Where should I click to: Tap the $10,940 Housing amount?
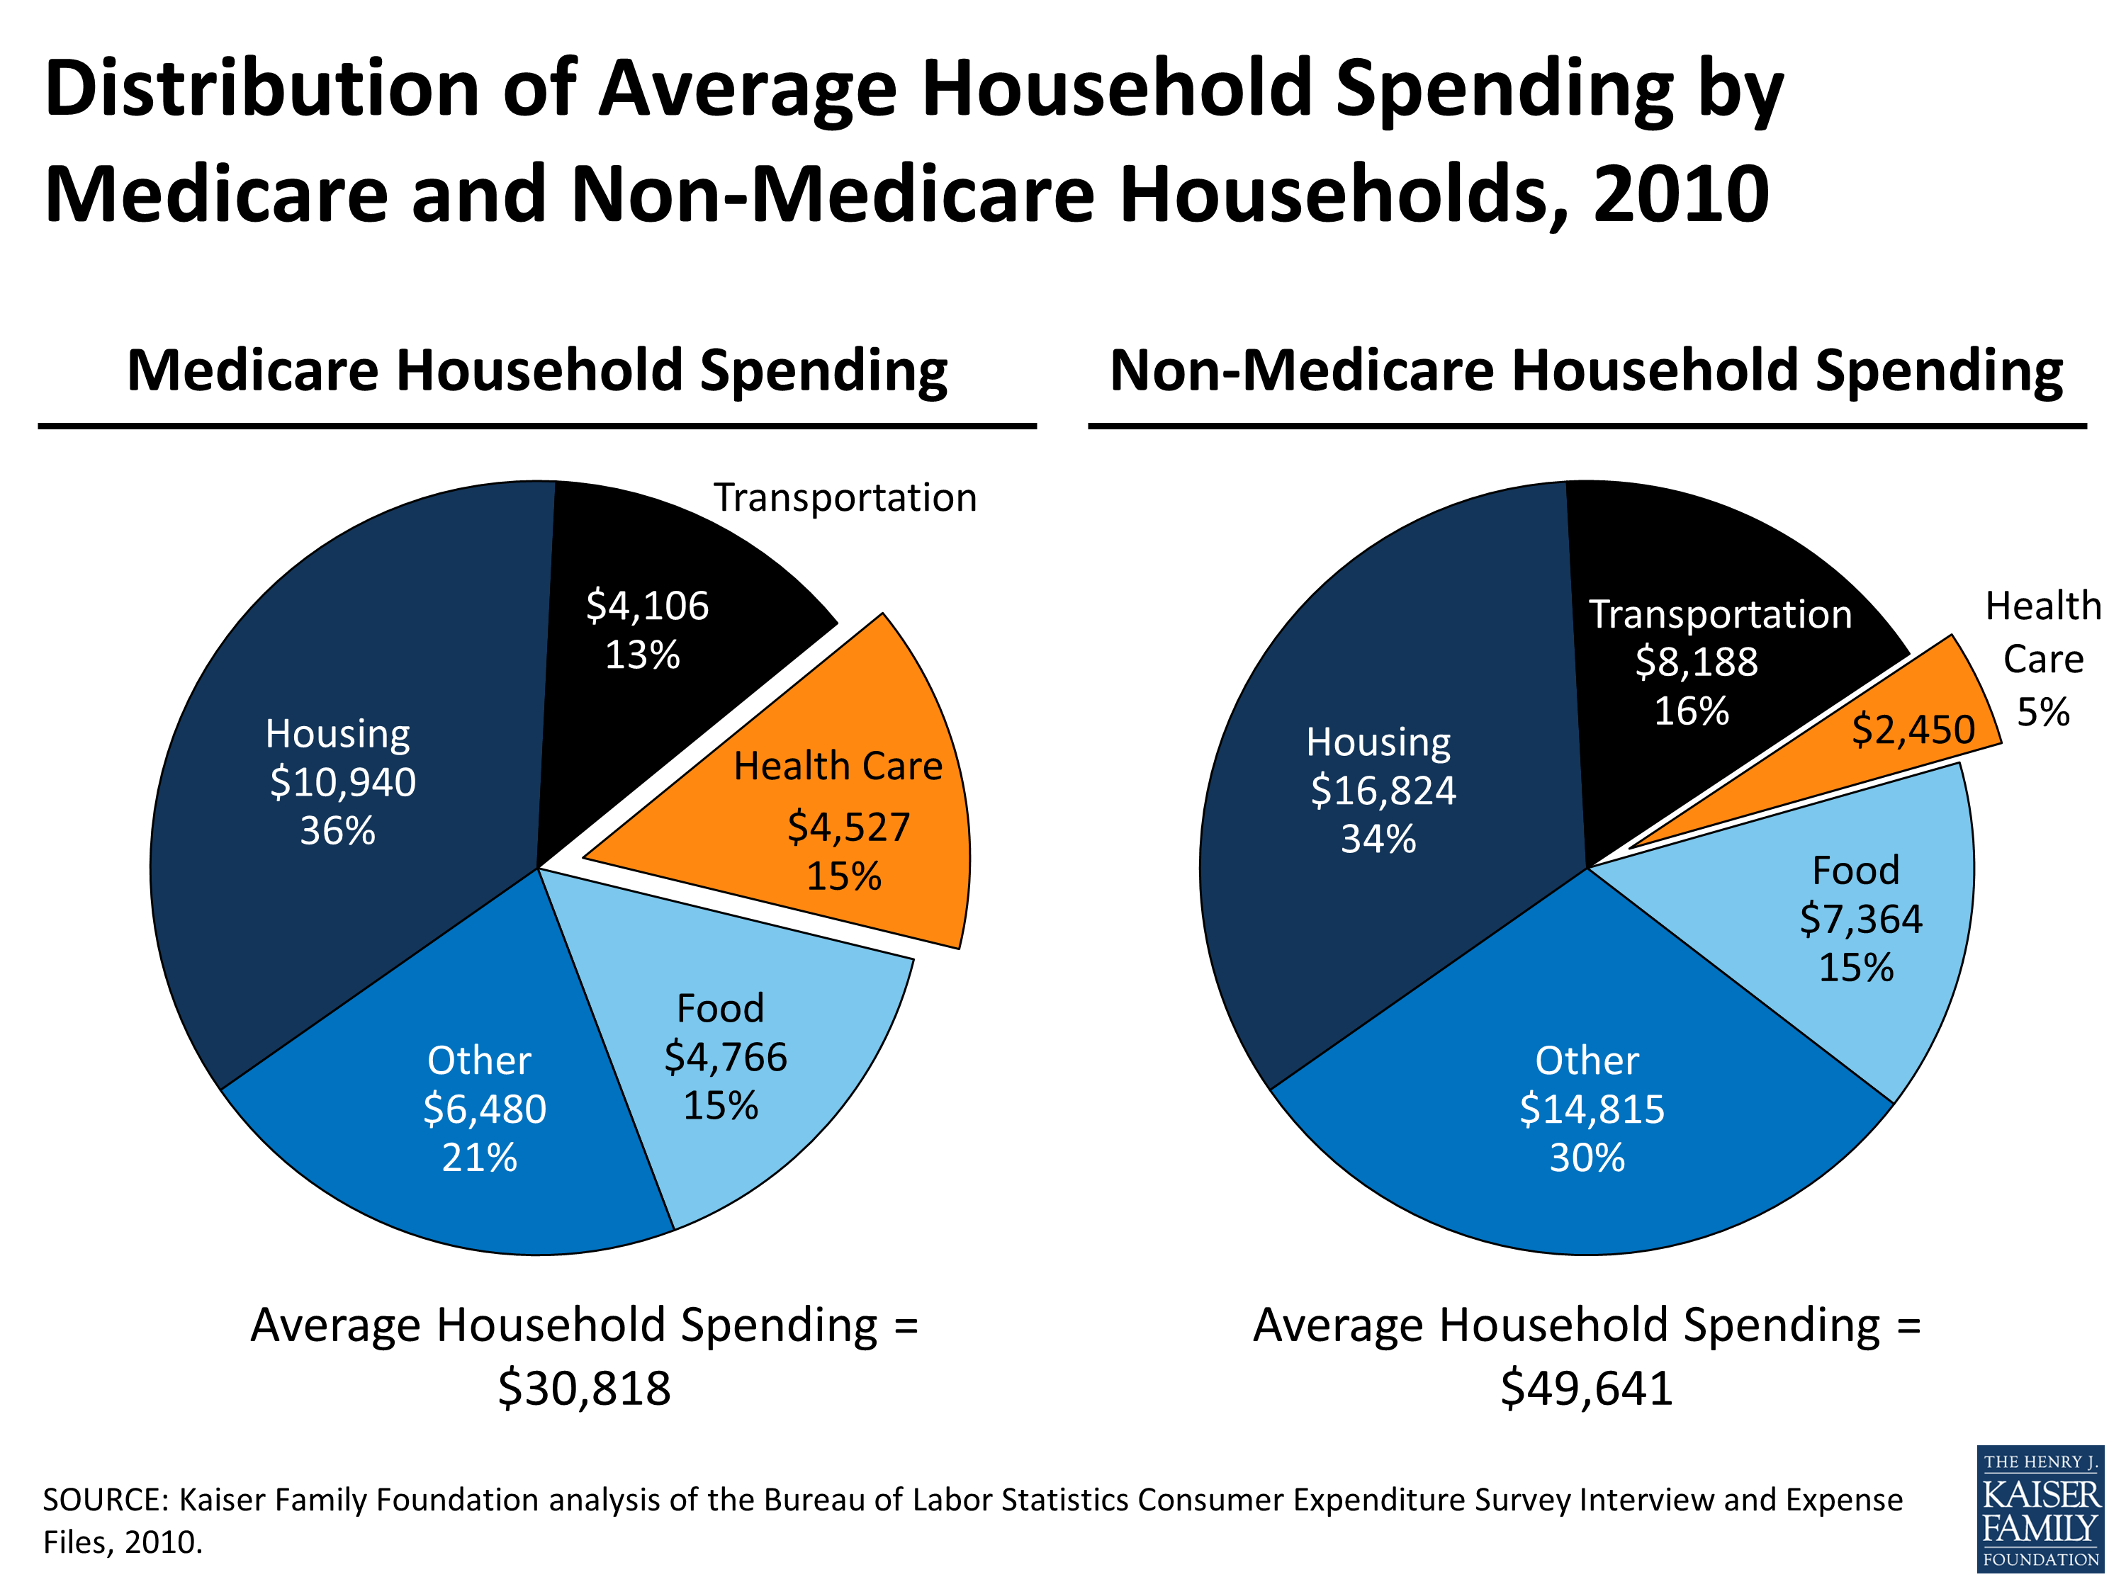342,782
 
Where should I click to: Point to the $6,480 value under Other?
485,1109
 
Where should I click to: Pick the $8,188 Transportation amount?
1697,662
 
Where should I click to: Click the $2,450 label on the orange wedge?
1913,729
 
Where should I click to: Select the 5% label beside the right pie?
2042,712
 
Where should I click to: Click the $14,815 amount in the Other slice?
1592,1109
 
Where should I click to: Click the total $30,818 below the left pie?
585,1389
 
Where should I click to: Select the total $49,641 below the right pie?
1587,1389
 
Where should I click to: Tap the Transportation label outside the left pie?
845,498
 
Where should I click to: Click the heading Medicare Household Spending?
536,371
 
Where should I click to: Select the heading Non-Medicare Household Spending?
1586,371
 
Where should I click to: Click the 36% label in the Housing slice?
337,831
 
